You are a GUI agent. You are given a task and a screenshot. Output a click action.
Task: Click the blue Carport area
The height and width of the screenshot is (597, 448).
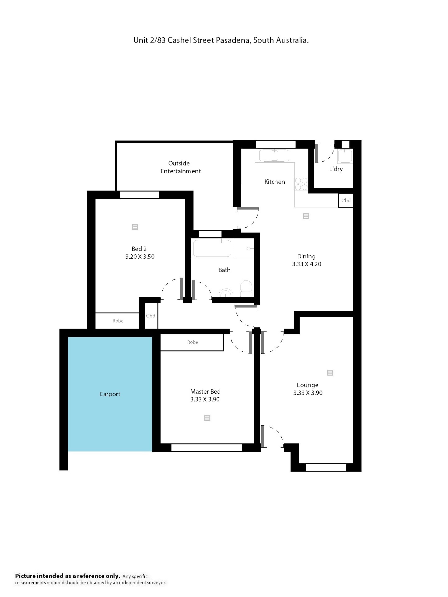tap(110, 394)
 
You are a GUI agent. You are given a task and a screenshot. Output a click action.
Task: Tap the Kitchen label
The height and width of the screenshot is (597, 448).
tap(275, 182)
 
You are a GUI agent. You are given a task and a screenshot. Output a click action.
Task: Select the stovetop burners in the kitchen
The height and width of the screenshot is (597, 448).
tap(301, 184)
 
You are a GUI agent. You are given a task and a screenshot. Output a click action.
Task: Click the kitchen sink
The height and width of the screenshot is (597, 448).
tap(274, 156)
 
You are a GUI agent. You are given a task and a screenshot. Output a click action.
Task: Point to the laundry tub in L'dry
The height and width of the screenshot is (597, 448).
tap(345, 156)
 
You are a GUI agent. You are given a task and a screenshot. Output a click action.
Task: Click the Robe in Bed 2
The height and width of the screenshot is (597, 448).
tap(118, 321)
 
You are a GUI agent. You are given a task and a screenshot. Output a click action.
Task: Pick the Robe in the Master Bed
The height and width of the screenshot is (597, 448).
tap(192, 342)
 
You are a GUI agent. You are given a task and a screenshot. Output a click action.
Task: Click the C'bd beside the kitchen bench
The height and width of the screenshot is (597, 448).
tap(346, 200)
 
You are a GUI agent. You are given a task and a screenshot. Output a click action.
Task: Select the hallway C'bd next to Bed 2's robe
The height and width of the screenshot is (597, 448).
tap(151, 316)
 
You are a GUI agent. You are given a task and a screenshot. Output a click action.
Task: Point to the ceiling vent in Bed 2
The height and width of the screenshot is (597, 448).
tap(135, 227)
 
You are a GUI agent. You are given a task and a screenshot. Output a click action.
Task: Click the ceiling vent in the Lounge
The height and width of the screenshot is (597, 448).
tap(330, 373)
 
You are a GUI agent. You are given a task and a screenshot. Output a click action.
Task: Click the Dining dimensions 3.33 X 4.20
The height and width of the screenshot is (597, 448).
tap(307, 264)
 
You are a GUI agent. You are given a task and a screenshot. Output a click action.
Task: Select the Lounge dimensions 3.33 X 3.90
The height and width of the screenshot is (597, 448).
tap(308, 393)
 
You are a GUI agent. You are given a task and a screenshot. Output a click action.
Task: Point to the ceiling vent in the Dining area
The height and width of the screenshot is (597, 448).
tap(306, 216)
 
